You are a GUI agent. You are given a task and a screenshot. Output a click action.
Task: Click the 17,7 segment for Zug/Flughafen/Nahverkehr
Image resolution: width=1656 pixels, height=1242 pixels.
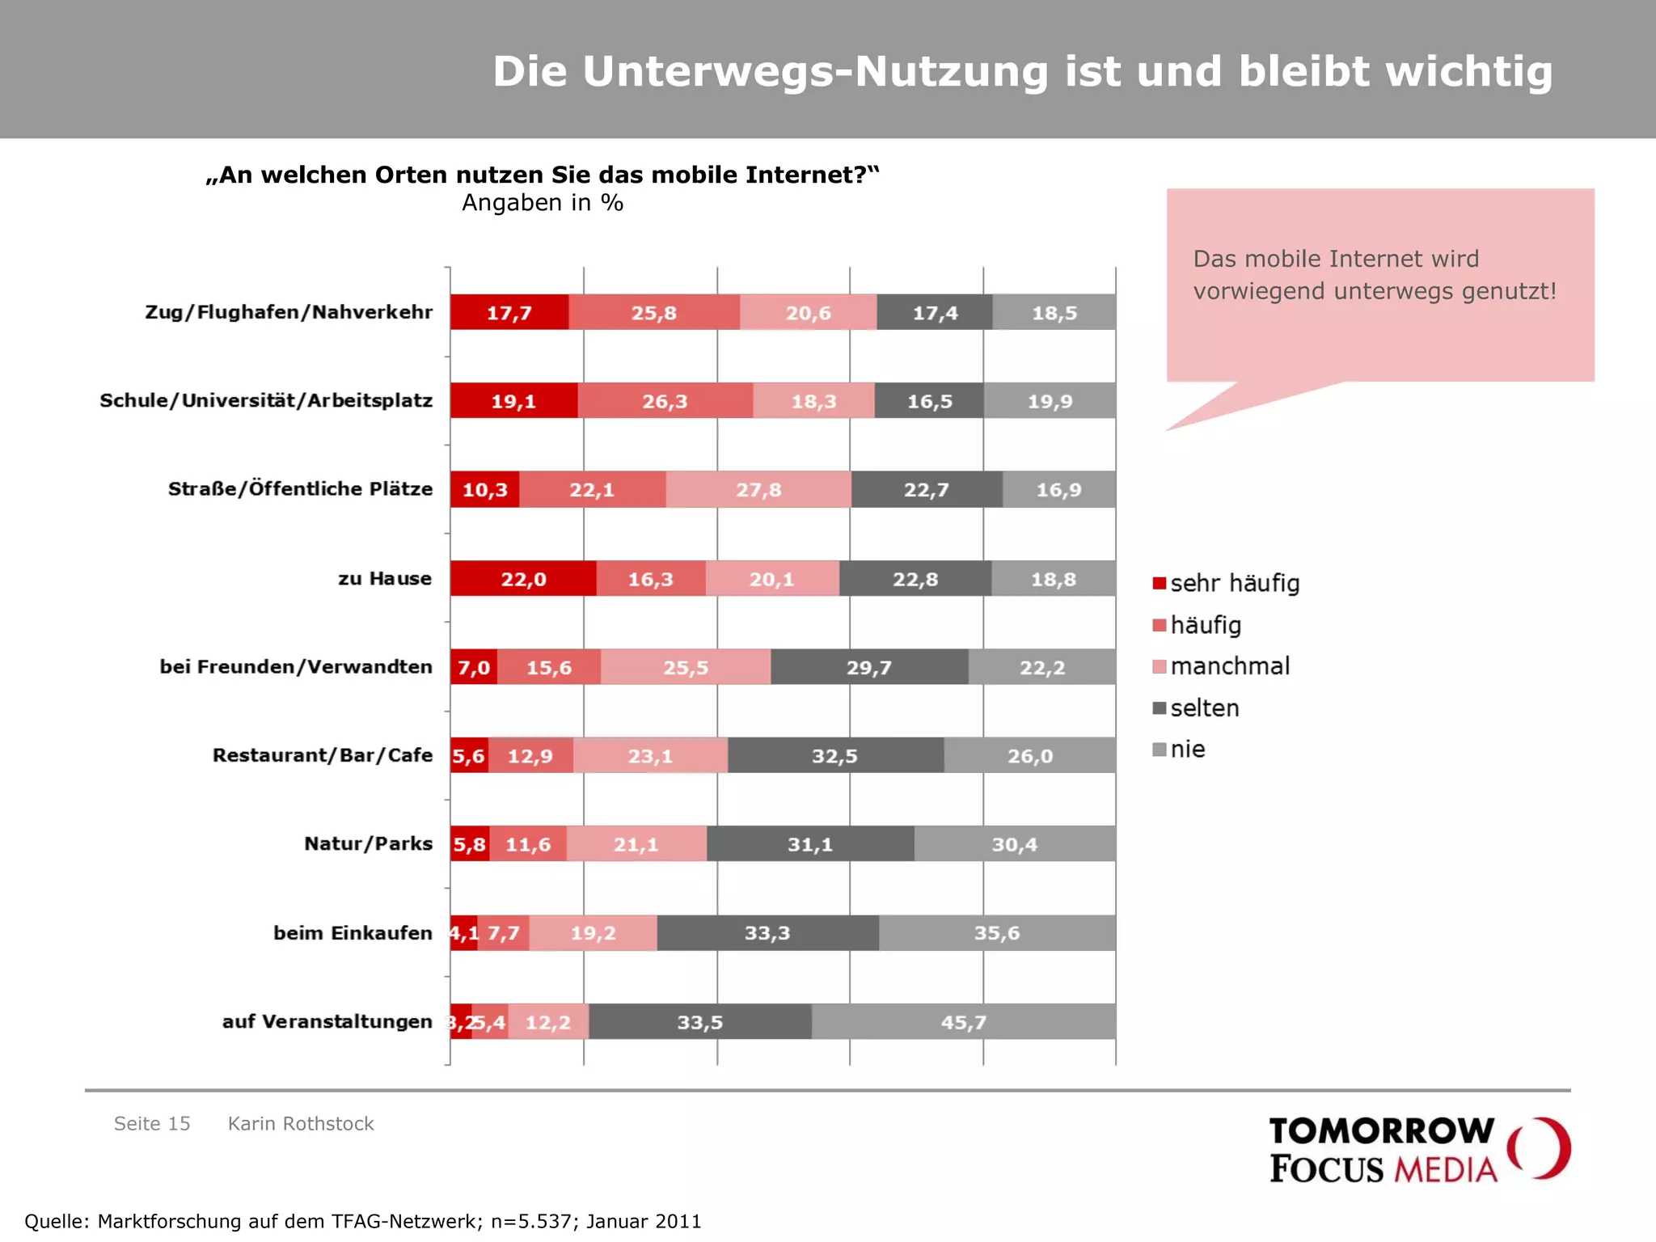pyautogui.click(x=509, y=313)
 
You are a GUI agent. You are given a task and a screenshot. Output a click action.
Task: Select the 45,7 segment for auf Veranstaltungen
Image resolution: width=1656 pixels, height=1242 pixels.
pyautogui.click(x=963, y=1022)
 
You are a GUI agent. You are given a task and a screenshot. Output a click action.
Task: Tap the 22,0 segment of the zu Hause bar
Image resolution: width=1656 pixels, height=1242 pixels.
pyautogui.click(x=523, y=579)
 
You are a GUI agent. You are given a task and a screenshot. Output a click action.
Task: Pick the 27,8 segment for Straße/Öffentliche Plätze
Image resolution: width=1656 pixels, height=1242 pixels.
pyautogui.click(x=758, y=490)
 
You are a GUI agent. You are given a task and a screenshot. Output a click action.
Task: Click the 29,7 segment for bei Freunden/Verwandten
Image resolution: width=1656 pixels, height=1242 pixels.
pyautogui.click(x=869, y=668)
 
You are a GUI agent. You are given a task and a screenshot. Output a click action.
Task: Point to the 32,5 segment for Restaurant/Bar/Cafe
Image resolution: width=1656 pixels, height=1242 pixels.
pyautogui.click(x=835, y=756)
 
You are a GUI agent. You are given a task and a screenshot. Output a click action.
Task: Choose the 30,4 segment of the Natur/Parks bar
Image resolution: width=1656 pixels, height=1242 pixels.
pyautogui.click(x=1015, y=844)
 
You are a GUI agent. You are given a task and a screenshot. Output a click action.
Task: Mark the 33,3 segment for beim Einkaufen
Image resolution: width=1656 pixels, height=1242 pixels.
pyautogui.click(x=767, y=933)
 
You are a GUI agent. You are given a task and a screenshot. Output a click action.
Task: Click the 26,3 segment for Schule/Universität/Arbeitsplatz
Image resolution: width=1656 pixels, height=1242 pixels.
pyautogui.click(x=665, y=402)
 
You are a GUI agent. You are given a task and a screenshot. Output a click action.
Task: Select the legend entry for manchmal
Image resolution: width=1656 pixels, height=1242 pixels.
pyautogui.click(x=1229, y=666)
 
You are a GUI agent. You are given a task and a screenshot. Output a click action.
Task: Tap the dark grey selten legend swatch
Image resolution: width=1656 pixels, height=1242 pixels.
pyautogui.click(x=1160, y=708)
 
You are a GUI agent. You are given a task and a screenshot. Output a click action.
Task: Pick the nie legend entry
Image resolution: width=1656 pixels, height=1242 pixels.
pyautogui.click(x=1187, y=750)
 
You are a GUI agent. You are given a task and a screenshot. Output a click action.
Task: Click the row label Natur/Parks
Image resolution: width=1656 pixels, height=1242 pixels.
pyautogui.click(x=368, y=844)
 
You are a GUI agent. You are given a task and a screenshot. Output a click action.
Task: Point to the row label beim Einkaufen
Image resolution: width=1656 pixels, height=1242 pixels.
pyautogui.click(x=353, y=933)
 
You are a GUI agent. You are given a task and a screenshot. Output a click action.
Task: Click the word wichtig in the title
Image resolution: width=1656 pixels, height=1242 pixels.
pyautogui.click(x=1469, y=71)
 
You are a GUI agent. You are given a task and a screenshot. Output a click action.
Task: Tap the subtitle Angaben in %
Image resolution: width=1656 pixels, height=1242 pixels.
pyautogui.click(x=543, y=203)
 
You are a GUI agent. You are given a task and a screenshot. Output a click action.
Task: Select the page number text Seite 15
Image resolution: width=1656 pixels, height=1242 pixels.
pyautogui.click(x=152, y=1124)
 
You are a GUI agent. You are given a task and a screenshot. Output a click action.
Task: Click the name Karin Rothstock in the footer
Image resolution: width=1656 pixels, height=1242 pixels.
pyautogui.click(x=301, y=1124)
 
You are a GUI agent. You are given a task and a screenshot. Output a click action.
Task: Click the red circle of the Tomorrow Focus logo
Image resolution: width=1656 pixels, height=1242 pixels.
pyautogui.click(x=1540, y=1148)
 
